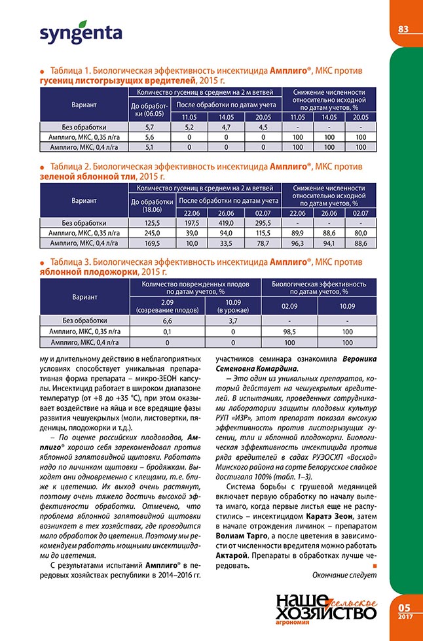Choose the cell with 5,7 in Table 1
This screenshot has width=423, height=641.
click(149, 127)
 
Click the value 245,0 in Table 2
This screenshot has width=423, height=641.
click(152, 233)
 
